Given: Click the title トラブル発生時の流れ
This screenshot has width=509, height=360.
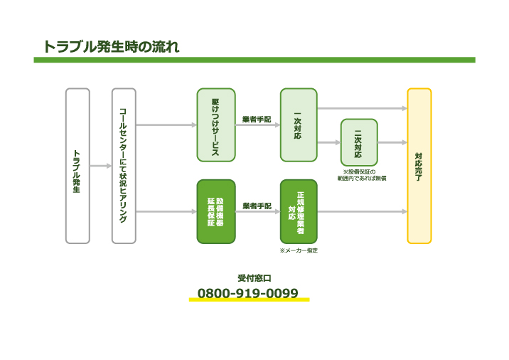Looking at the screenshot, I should (110, 47).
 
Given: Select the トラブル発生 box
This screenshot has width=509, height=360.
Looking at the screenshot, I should (77, 166).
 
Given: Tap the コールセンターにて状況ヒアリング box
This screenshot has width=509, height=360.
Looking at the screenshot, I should (124, 166).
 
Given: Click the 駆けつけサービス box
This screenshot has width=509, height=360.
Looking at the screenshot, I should (215, 125).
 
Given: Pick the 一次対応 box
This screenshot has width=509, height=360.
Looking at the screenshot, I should (298, 125).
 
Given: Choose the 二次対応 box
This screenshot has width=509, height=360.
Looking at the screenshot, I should (359, 142).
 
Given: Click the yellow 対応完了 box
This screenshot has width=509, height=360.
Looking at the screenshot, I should (419, 166).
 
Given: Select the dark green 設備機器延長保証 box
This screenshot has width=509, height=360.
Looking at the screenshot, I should (215, 211).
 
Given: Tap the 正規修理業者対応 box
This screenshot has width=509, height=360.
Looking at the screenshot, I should (298, 211).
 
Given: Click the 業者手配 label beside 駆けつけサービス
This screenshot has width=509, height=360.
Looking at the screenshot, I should (257, 119).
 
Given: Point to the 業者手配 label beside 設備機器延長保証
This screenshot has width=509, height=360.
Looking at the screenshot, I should (257, 206).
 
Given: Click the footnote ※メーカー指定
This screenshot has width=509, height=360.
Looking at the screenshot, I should (299, 250).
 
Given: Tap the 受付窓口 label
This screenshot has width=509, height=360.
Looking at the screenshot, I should (254, 278).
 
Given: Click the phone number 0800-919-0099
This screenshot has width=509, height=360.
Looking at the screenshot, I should (247, 292).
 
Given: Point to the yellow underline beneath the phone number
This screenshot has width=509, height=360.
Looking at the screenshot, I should (249, 300).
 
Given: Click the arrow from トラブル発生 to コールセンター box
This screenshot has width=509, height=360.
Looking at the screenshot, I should (100, 166).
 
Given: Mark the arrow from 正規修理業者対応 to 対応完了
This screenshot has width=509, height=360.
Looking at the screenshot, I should (361, 211).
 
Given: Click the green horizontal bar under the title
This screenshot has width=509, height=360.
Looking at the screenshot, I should (254, 60).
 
